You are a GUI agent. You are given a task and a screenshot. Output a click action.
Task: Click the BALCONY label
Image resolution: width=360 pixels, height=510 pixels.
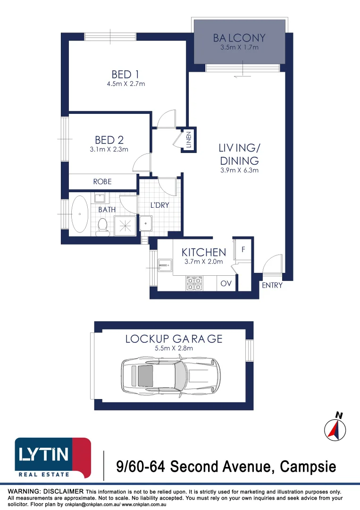239,38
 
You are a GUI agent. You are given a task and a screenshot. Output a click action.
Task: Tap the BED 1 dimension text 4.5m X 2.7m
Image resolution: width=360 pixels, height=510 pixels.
126,84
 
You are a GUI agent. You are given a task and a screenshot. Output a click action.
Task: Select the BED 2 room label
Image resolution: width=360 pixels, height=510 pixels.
109,140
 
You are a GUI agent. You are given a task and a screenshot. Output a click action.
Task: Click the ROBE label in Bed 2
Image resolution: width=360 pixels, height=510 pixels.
102,181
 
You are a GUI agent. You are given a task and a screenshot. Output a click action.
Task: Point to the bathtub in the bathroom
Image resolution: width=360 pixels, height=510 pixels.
80,214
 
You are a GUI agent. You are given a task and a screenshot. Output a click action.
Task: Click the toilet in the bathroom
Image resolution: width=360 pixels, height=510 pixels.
102,226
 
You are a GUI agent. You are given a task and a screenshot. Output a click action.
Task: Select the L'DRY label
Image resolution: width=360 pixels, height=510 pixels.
159,205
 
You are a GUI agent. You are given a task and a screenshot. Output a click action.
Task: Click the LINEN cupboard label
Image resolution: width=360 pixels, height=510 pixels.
189,140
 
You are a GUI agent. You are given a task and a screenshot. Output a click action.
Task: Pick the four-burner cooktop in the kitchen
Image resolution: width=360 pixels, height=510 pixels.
194,283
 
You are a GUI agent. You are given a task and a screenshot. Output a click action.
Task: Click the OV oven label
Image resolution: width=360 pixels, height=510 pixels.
226,284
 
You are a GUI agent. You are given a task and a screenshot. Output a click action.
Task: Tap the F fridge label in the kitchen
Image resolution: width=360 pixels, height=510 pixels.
243,249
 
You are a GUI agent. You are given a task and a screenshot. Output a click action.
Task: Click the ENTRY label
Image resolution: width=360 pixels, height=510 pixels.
272,285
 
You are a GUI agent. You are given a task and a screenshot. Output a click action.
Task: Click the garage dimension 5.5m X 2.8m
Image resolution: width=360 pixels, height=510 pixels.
174,348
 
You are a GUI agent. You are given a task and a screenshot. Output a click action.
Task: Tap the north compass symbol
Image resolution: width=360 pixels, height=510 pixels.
335,428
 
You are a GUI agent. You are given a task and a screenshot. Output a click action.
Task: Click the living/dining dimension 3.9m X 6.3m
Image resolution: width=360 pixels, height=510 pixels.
239,170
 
